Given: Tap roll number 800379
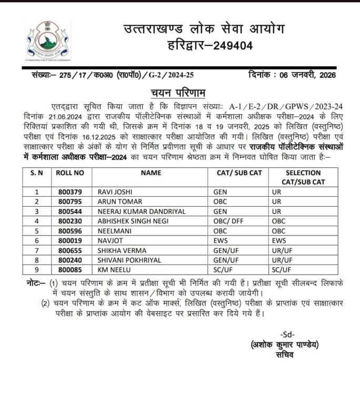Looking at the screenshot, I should click(70, 192).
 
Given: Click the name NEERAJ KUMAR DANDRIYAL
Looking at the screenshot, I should click(141, 211).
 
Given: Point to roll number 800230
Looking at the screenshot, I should click(70, 221).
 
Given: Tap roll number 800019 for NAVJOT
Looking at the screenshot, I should click(70, 240).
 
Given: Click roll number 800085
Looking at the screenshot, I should click(70, 270).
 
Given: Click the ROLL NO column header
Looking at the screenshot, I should click(70, 173).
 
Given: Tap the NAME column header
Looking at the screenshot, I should click(151, 173).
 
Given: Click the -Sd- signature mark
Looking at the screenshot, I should click(287, 335).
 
